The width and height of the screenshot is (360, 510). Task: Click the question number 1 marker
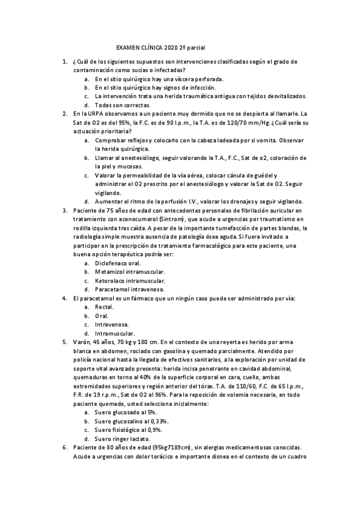coord(64,61)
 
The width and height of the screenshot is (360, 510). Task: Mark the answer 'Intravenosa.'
coord(112,324)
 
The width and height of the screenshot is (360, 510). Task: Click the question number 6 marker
coord(64,447)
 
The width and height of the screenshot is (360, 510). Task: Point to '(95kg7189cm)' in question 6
coord(180,447)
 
